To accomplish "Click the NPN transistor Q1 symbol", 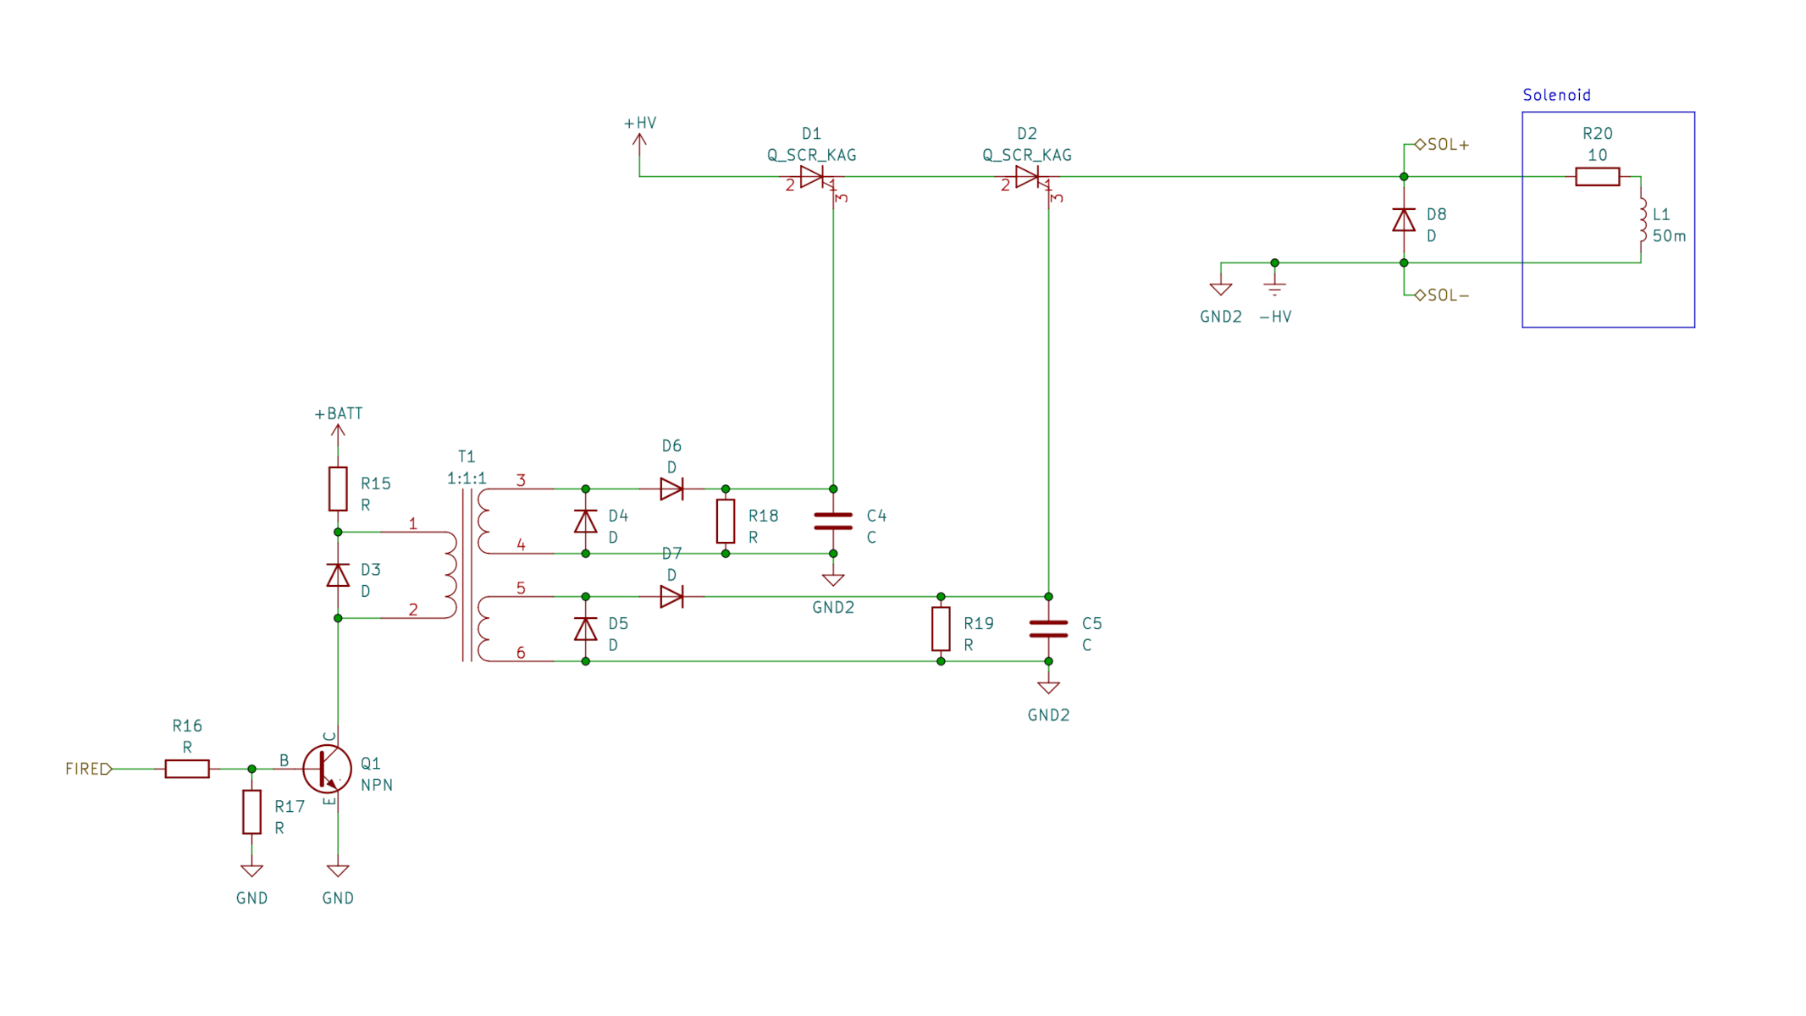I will (x=328, y=768).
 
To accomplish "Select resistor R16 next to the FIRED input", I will (x=187, y=768).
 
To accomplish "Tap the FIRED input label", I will (x=87, y=768).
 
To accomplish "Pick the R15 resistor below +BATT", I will (x=338, y=489).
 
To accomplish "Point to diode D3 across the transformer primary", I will (x=338, y=576).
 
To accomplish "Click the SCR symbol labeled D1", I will (x=812, y=177).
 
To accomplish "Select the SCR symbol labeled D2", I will (x=1027, y=177).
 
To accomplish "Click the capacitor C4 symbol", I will (x=833, y=522).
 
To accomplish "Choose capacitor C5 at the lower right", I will (x=1048, y=628).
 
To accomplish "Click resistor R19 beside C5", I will (x=941, y=628).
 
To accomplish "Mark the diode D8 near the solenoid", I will (x=1404, y=220).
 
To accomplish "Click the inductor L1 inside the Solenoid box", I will (x=1642, y=220).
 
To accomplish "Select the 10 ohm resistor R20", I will (x=1597, y=177).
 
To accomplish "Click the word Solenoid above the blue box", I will (x=1556, y=95).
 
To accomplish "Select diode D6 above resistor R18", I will (x=671, y=489).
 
